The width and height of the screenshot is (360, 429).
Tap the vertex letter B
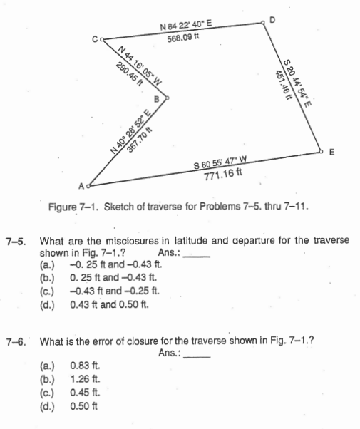(158, 100)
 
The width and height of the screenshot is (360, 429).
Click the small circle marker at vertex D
(263, 24)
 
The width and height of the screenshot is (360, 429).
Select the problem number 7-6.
(16, 341)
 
